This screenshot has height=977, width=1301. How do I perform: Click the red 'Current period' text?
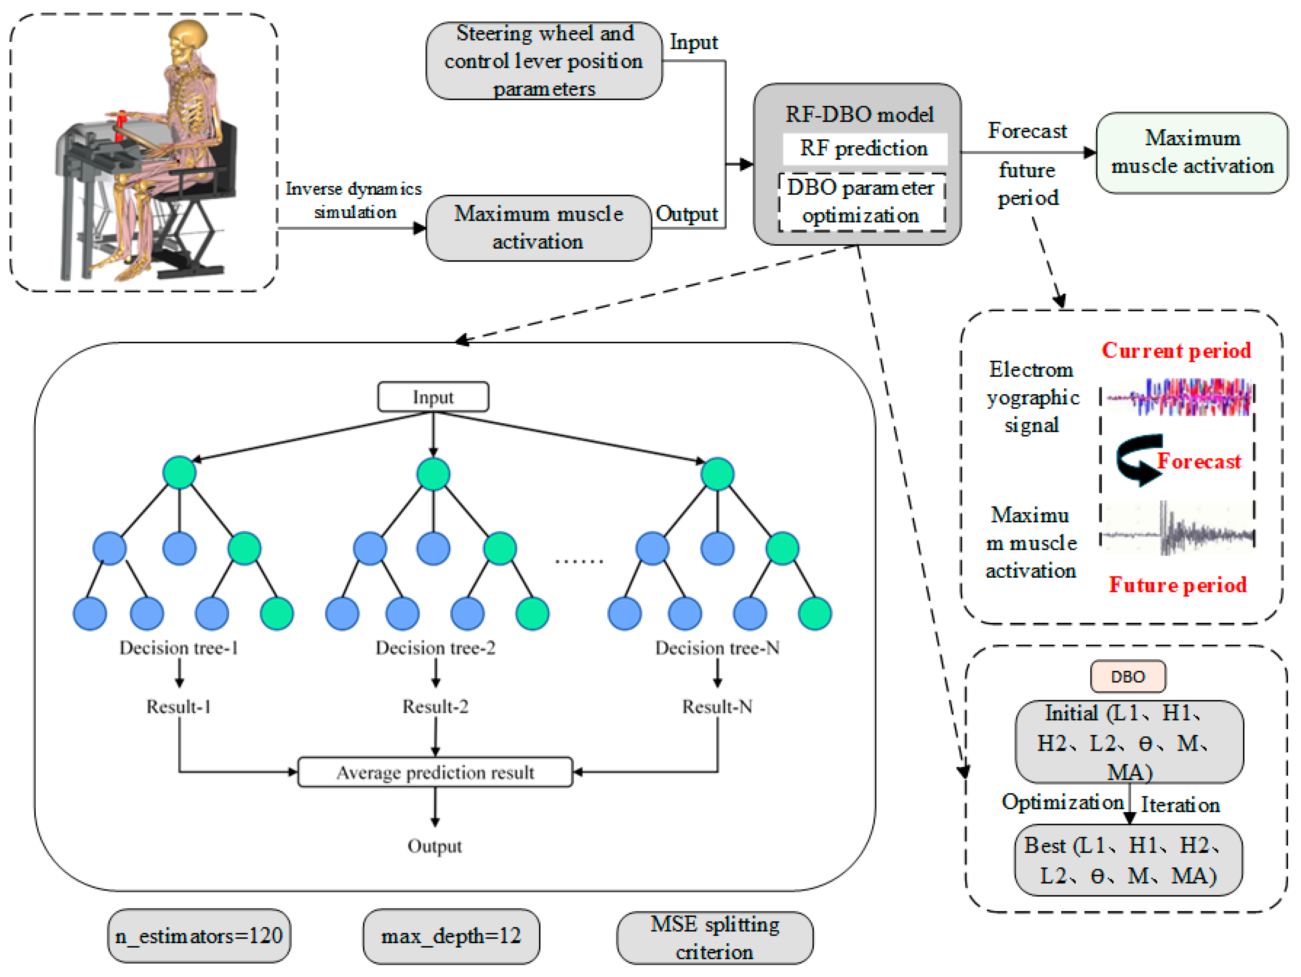pyautogui.click(x=1176, y=351)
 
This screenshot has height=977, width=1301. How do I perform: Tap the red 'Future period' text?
pyautogui.click(x=1177, y=585)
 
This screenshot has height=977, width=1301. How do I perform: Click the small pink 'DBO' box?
pyautogui.click(x=1127, y=677)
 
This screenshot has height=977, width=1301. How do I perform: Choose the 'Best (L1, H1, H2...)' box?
pyautogui.click(x=1128, y=860)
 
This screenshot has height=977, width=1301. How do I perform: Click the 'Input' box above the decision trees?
pyautogui.click(x=433, y=397)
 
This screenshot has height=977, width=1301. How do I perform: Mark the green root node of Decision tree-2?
pyautogui.click(x=433, y=474)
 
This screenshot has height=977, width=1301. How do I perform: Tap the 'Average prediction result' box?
pyautogui.click(x=435, y=772)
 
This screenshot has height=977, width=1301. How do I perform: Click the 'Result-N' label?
pyautogui.click(x=717, y=706)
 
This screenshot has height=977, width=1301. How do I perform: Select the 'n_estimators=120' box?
pyautogui.click(x=199, y=936)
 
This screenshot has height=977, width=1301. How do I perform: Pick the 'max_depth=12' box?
pyautogui.click(x=451, y=936)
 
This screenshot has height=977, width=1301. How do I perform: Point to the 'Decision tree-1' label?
pyautogui.click(x=179, y=648)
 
